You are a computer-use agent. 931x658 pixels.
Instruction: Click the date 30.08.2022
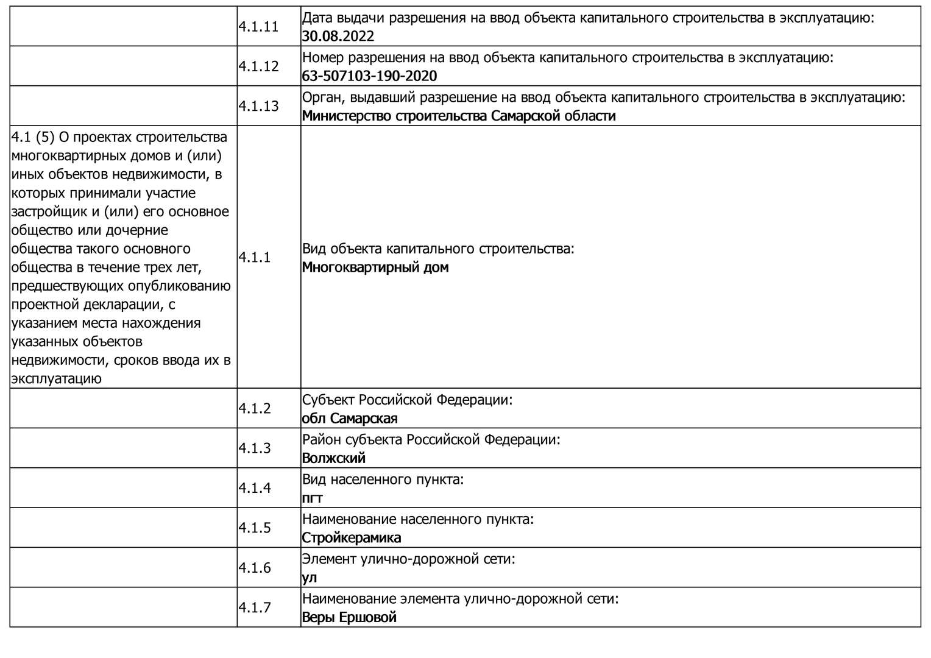click(x=338, y=36)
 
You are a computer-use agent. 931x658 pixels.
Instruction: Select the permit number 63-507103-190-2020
click(x=370, y=76)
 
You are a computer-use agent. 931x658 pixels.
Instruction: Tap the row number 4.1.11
click(x=258, y=27)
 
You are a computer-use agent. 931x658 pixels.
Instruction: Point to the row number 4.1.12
click(x=258, y=66)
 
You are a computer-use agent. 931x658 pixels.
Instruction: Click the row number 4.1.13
click(x=258, y=106)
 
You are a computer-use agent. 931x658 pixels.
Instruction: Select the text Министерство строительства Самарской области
click(x=459, y=116)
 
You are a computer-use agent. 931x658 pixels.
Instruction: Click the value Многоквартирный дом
click(x=375, y=267)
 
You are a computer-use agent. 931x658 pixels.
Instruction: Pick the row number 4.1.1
click(x=255, y=257)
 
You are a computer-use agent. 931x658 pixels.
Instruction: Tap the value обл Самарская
click(x=350, y=419)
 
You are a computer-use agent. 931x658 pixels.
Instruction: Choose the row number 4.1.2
click(x=255, y=408)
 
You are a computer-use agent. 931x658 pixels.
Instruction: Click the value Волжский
click(x=334, y=458)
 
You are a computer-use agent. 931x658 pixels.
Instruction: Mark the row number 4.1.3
click(x=255, y=448)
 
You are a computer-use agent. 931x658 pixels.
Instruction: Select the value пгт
click(x=313, y=498)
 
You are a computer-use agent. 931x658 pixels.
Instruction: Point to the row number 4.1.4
click(x=255, y=488)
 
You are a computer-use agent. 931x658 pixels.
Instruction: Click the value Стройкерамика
click(x=352, y=538)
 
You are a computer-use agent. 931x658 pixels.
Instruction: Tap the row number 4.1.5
click(x=255, y=528)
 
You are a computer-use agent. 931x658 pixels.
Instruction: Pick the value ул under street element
click(x=310, y=578)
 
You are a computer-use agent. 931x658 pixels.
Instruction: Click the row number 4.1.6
click(x=255, y=568)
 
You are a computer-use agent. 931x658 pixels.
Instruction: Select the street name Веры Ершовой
click(x=349, y=617)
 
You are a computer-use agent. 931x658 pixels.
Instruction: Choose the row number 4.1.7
click(x=255, y=607)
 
